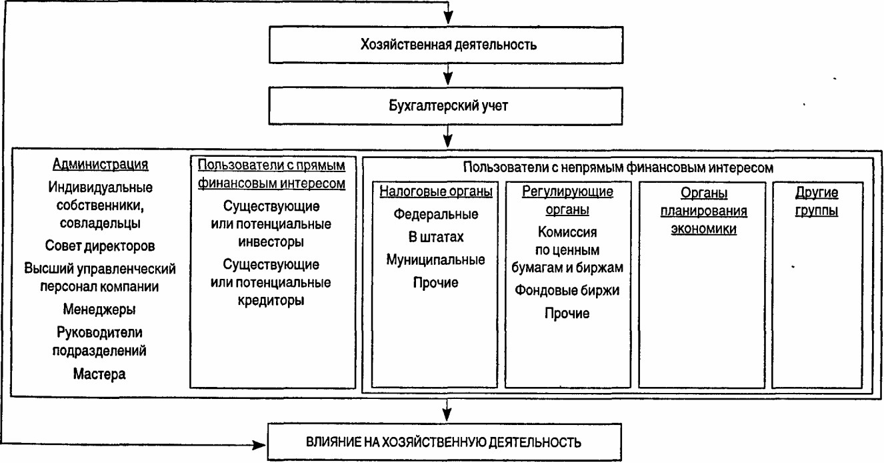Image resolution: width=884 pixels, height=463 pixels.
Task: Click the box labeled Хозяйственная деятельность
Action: click(446, 45)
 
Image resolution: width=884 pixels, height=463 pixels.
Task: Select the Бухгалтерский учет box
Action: click(446, 106)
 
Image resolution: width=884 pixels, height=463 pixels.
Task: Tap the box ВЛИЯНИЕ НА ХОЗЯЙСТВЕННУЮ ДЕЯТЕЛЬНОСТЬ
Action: click(445, 442)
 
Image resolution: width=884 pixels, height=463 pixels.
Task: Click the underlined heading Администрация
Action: click(100, 164)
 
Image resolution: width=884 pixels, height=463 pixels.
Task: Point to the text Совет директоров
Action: click(100, 246)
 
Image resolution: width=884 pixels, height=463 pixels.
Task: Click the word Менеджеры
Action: click(99, 309)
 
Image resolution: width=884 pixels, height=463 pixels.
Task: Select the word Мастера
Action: click(99, 374)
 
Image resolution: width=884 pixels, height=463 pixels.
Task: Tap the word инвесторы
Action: click(271, 242)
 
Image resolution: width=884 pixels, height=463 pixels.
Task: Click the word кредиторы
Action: click(271, 300)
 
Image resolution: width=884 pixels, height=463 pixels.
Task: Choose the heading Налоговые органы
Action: click(436, 191)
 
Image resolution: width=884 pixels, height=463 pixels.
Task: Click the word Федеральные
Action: click(436, 214)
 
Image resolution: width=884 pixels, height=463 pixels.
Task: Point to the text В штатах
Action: click(436, 237)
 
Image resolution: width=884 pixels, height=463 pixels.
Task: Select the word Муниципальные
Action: click(436, 260)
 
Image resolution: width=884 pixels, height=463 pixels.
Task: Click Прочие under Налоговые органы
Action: click(436, 282)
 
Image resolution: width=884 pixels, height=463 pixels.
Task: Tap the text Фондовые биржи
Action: click(567, 290)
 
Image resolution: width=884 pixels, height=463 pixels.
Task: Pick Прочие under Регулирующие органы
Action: click(567, 314)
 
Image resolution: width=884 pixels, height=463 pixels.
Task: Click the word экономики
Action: click(703, 229)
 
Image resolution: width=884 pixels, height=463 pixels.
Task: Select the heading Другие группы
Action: click(816, 201)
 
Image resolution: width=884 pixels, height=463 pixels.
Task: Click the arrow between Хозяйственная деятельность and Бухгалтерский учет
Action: click(448, 75)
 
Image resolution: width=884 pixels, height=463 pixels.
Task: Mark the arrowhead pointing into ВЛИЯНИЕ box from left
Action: click(259, 445)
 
